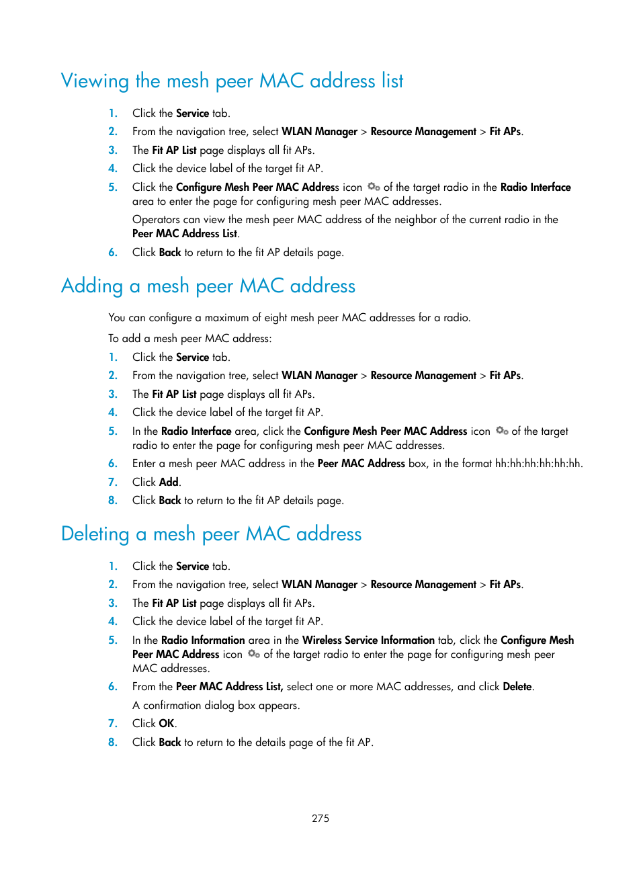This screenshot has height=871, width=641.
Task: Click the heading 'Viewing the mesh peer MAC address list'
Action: (x=232, y=81)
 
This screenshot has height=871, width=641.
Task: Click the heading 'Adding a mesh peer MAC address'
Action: (x=208, y=286)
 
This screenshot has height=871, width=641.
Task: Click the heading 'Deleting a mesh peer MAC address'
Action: (x=211, y=534)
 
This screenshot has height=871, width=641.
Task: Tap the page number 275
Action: (x=320, y=818)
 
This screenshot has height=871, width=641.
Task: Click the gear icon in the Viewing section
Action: (x=374, y=187)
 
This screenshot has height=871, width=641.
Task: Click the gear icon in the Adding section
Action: (x=501, y=431)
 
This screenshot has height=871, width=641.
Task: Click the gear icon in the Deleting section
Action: (x=253, y=654)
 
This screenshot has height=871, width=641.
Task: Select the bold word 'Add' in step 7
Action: (x=169, y=482)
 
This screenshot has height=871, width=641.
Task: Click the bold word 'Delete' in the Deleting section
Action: (x=517, y=686)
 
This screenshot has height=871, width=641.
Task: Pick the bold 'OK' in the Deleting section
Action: (x=167, y=723)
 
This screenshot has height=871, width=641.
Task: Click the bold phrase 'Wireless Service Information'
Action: (x=368, y=640)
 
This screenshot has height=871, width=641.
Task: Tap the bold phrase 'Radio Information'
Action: (x=203, y=640)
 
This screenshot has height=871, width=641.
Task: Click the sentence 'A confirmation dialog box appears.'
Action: (x=216, y=705)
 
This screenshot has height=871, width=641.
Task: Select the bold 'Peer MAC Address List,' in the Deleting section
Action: (x=229, y=686)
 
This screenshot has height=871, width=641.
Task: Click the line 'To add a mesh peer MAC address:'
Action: (x=190, y=338)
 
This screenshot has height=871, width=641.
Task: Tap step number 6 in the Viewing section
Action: (x=113, y=252)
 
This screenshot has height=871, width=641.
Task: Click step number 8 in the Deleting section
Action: (x=113, y=742)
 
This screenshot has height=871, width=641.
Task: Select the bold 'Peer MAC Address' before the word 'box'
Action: (x=361, y=463)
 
